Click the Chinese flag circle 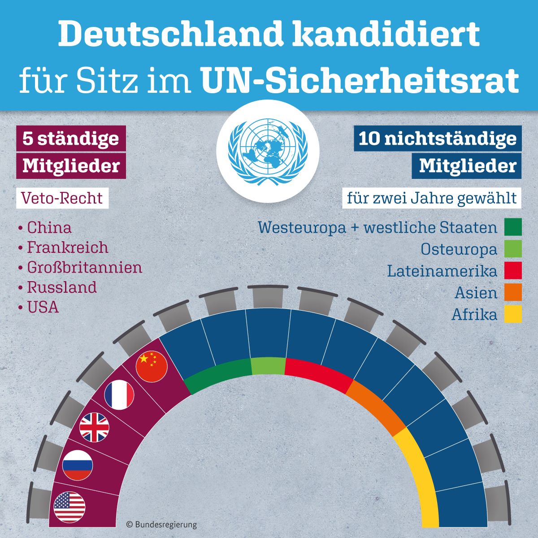point(152,366)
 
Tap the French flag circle point(119,395)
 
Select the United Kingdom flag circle point(94,427)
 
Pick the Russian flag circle point(77,465)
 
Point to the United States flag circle point(69,508)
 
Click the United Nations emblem point(268,151)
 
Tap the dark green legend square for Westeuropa point(513,227)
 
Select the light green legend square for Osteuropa point(513,248)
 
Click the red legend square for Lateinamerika point(513,270)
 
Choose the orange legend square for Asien point(513,292)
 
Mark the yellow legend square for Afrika point(513,314)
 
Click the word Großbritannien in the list point(85,268)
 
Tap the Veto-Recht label point(62,198)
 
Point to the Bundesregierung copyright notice point(161,524)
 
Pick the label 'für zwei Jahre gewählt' point(432,199)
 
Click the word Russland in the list point(62,287)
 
